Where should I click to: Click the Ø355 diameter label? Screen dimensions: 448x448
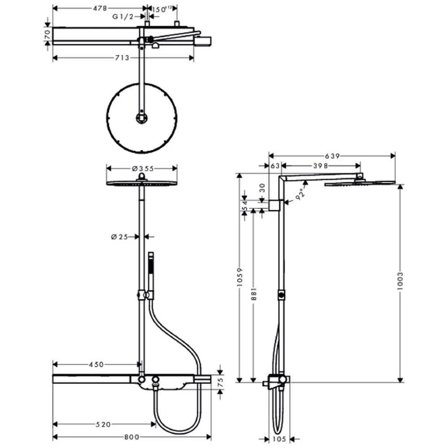point(142,168)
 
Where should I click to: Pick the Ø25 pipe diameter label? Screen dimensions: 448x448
point(119,236)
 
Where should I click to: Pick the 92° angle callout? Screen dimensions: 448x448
point(302,194)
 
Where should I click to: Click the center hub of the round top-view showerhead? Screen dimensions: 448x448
point(141,118)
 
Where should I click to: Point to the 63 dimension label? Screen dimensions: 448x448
point(275,166)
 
